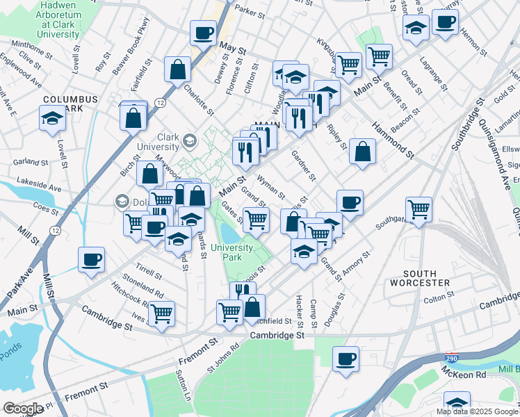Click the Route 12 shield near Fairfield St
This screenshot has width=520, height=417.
coord(161,103)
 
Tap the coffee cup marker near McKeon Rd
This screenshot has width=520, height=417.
coord(346,359)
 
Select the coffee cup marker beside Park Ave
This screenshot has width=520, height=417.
coord(92,260)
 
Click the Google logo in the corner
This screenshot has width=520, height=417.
coord(24,409)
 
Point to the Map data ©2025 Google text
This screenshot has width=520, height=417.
coord(476,411)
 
